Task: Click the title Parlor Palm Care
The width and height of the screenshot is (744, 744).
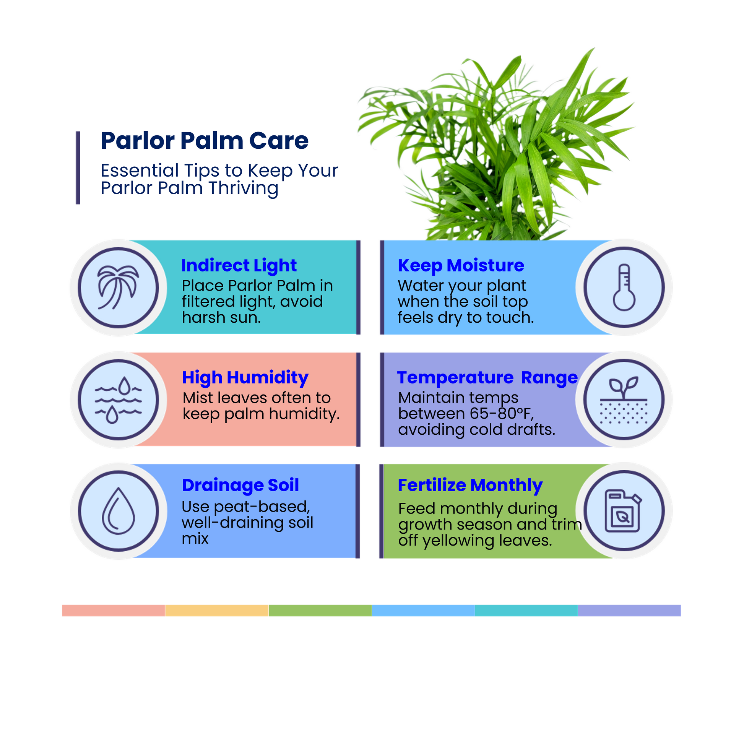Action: point(205,141)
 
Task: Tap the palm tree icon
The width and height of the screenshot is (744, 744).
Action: point(118,287)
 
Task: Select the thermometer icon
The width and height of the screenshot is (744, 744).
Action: point(624,287)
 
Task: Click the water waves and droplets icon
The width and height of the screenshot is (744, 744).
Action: point(118,400)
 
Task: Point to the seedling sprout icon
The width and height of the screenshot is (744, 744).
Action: point(624,400)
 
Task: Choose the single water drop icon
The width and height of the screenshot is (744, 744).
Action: point(118,511)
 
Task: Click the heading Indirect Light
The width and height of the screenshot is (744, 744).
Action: point(239,265)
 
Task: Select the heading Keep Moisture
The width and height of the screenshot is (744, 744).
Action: point(461,265)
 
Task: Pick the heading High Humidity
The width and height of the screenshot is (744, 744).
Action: point(245,377)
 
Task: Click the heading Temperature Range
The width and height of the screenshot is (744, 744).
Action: point(487,377)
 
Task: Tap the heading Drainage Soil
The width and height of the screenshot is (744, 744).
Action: point(240,485)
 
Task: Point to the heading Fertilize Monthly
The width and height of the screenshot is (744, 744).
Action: point(470,485)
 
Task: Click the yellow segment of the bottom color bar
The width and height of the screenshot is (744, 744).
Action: point(217,610)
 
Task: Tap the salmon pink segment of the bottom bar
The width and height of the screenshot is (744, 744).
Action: point(114,610)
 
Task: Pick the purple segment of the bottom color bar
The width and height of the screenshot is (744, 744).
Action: point(629,610)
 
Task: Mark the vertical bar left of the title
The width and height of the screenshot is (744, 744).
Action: point(78,167)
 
